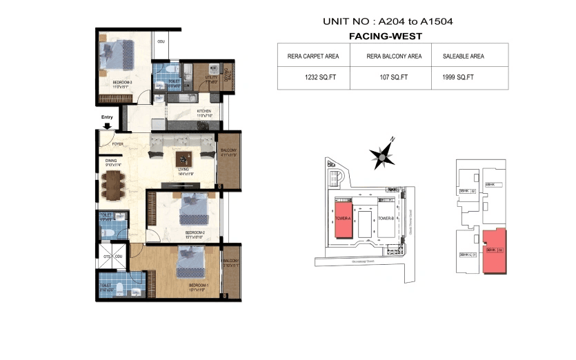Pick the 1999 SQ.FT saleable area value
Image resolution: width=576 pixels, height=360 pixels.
[x=458, y=77]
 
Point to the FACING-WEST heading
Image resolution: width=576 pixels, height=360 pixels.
[x=386, y=36]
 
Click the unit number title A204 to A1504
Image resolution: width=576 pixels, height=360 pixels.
[x=387, y=21]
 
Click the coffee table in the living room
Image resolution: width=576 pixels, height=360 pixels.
[x=183, y=158]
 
